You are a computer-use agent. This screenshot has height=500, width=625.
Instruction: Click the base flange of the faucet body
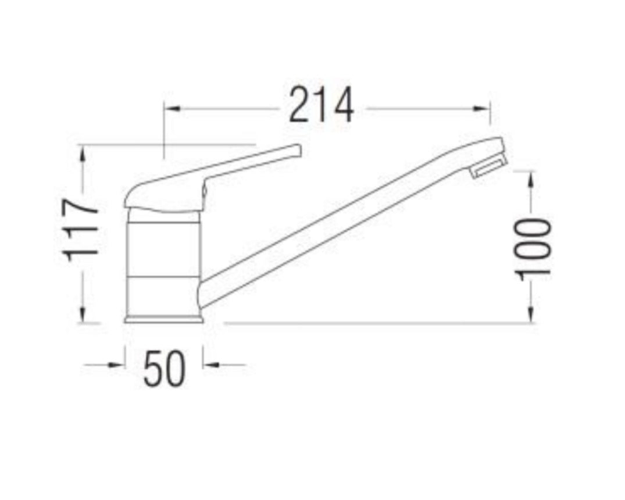coord(164,318)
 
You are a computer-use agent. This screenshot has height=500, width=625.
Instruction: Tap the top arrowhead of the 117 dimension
coord(83,152)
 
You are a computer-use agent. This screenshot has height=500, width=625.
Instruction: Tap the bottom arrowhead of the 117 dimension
coord(83,315)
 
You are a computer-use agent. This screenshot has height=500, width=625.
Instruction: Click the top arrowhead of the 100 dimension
coord(531,178)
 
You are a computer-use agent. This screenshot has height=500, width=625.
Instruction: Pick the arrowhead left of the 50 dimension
coord(119,365)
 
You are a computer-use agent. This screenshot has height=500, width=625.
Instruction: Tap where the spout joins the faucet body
coord(203,291)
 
